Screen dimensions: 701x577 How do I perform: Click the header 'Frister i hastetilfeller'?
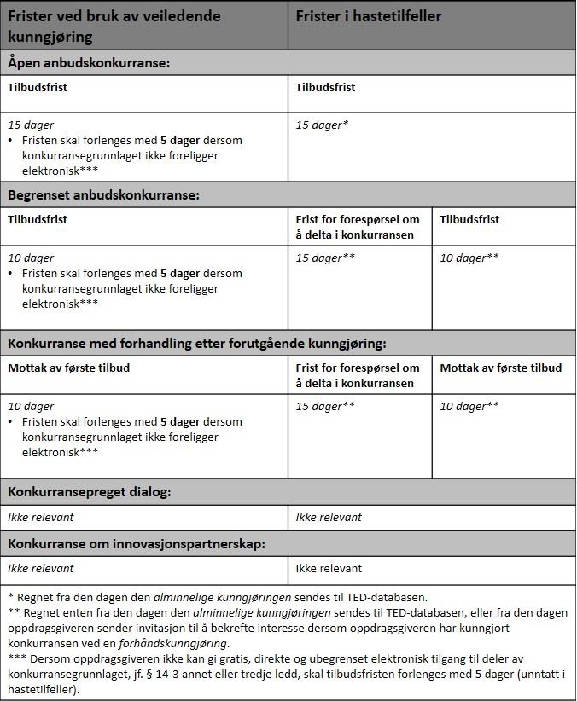click(x=368, y=16)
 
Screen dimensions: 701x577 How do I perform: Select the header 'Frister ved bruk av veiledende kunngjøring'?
click(x=114, y=26)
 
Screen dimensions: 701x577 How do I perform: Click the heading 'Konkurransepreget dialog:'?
click(x=90, y=492)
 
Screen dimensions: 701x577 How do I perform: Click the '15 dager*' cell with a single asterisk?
click(x=322, y=125)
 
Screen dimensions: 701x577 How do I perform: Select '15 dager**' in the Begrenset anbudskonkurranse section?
click(x=325, y=258)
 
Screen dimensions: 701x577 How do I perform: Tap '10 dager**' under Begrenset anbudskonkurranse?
click(x=469, y=258)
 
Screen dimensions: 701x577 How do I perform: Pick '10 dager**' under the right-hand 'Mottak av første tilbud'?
click(x=469, y=406)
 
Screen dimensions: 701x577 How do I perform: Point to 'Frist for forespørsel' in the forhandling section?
click(x=358, y=368)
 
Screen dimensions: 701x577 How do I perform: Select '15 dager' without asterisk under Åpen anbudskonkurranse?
click(x=31, y=125)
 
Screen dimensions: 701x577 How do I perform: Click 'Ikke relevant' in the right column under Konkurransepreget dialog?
click(x=329, y=517)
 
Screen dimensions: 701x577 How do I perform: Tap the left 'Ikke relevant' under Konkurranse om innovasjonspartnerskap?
click(x=41, y=568)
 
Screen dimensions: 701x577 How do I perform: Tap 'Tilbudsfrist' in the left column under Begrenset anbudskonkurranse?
click(x=38, y=219)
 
